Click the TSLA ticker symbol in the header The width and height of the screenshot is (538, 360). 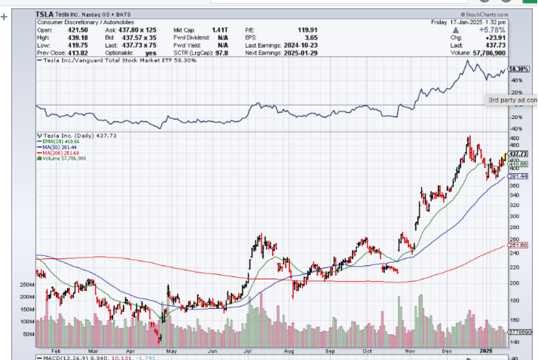[46, 14]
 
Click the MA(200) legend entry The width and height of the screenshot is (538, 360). [60, 152]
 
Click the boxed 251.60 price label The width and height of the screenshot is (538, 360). [519, 245]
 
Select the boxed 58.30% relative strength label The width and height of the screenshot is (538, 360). [518, 69]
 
